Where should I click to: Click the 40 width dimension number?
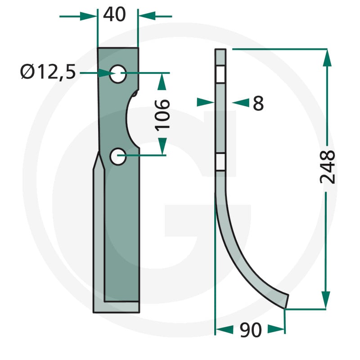point(114,14)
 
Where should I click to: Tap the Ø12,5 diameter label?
point(48,72)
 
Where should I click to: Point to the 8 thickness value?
point(258,103)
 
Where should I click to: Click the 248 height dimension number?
point(328,167)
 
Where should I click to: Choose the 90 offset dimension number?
point(251,330)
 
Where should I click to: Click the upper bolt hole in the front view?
point(118,74)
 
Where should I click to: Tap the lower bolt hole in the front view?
point(118,157)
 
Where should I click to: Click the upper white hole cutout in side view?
point(220,74)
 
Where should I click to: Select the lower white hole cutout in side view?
point(220,162)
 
